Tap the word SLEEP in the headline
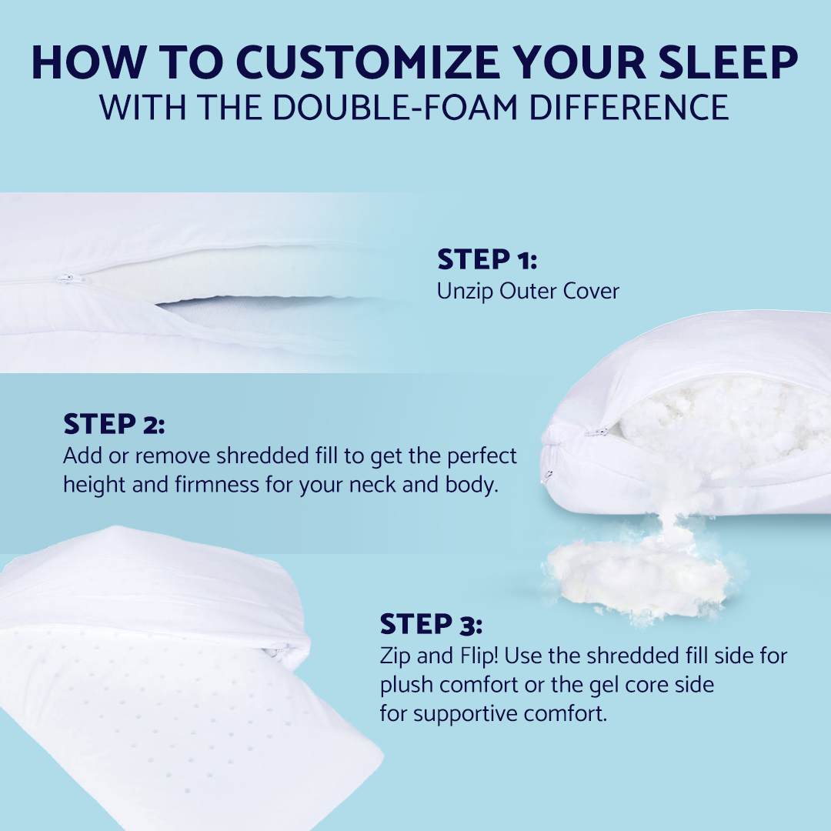point(729,62)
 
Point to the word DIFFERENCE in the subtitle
point(629,108)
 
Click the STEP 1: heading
point(487,259)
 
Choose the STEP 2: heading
point(114,424)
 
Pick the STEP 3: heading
point(431,624)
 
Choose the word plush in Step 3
point(406,685)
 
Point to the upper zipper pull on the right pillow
point(597,432)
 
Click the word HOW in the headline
point(89,62)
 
